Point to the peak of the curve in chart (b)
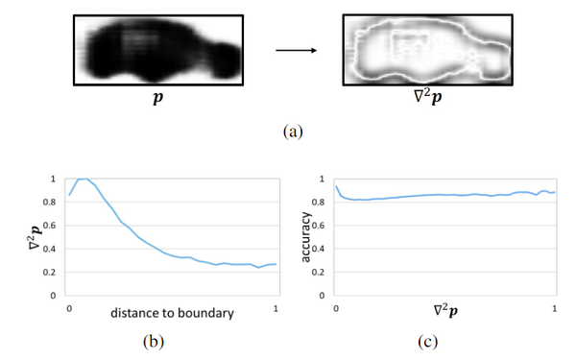[x=84, y=179]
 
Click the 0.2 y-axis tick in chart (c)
[x=323, y=273]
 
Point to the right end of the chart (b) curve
[x=276, y=264]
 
